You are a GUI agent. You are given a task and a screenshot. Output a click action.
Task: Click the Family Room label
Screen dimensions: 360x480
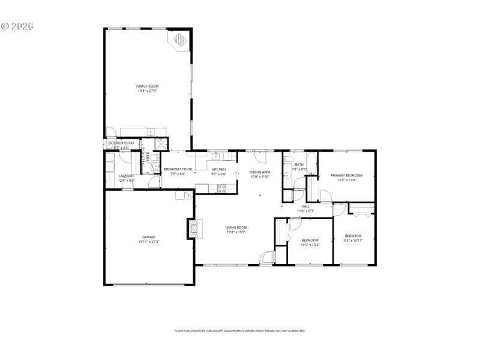[147, 86]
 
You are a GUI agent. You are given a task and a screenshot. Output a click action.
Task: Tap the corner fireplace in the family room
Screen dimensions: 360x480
[180, 40]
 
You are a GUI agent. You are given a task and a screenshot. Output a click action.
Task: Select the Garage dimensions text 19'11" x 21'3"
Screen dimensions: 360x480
[149, 241]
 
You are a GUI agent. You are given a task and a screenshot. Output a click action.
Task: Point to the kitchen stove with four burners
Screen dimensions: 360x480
[220, 188]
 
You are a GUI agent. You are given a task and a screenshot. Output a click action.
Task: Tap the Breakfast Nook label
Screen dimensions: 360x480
[178, 169]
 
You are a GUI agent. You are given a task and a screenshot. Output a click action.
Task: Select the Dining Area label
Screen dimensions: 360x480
[260, 172]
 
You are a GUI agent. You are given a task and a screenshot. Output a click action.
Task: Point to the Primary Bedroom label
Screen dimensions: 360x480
[347, 175]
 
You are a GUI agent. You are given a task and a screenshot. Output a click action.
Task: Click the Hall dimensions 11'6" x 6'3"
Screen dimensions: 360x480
[305, 211]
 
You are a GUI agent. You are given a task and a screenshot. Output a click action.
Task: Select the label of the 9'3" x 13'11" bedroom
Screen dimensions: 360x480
[353, 236]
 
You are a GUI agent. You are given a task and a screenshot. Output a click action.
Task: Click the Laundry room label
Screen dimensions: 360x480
[127, 176]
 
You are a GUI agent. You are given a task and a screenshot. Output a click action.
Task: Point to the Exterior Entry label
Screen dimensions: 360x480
[121, 143]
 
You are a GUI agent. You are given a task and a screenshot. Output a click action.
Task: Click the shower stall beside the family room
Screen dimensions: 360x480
[161, 144]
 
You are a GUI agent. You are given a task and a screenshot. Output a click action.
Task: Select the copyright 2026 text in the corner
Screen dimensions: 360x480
[17, 26]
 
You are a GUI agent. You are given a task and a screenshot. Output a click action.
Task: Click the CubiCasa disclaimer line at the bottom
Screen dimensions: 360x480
[240, 331]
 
